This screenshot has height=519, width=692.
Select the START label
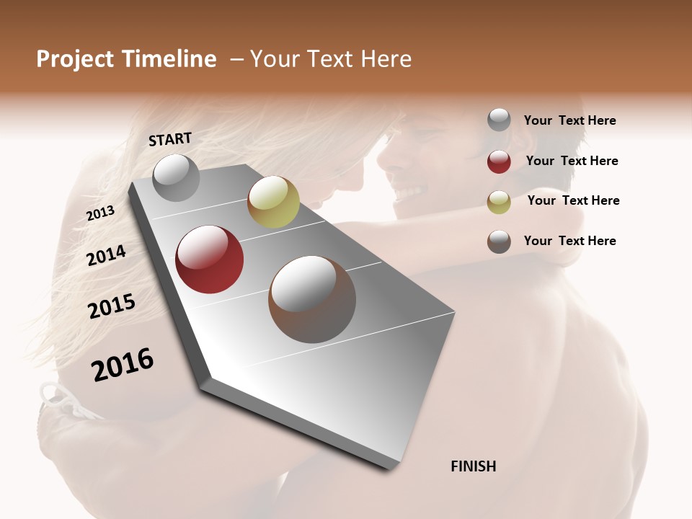click(x=170, y=139)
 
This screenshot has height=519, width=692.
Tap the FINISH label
click(x=474, y=466)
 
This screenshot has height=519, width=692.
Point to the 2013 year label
click(x=100, y=213)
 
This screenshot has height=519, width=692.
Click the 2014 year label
click(x=107, y=255)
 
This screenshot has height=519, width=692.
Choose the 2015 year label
click(x=112, y=306)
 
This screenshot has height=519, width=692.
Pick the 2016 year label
click(x=123, y=365)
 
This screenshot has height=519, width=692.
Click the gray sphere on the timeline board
click(x=176, y=177)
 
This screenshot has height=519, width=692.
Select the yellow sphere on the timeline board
click(x=273, y=202)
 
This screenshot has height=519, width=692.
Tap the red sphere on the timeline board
click(x=210, y=259)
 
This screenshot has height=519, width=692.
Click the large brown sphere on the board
click(x=312, y=299)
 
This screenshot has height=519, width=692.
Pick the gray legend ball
click(x=499, y=120)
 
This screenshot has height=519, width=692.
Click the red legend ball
click(x=499, y=161)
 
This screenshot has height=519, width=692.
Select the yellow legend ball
click(x=499, y=202)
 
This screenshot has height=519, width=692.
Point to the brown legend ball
click(x=499, y=241)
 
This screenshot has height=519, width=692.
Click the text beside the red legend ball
click(x=572, y=161)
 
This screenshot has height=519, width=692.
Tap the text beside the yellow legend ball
click(x=574, y=200)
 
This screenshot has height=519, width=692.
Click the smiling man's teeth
click(x=409, y=193)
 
